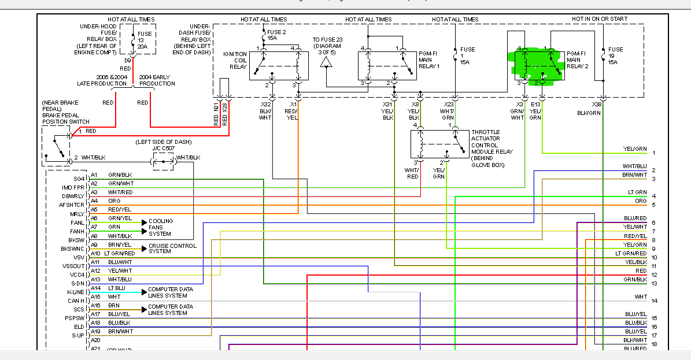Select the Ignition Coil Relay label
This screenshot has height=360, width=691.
(235, 60)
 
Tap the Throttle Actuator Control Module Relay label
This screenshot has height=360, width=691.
(492, 149)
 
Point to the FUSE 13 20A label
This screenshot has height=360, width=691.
(144, 40)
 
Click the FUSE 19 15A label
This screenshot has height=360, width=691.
(615, 55)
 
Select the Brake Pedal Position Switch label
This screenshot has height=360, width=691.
(65, 116)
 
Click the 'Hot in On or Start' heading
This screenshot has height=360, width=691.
(600, 19)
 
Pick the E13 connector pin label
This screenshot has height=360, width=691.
(535, 105)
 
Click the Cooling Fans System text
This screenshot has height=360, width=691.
(160, 227)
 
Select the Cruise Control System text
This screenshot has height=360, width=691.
(172, 248)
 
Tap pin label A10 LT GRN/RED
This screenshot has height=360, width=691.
(112, 253)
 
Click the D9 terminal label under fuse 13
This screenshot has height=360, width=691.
(128, 60)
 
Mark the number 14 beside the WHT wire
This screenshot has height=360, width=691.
(653, 301)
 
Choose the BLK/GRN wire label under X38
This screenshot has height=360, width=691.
(589, 113)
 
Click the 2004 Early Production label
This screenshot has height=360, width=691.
(157, 80)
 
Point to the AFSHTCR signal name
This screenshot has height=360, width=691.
(72, 205)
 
